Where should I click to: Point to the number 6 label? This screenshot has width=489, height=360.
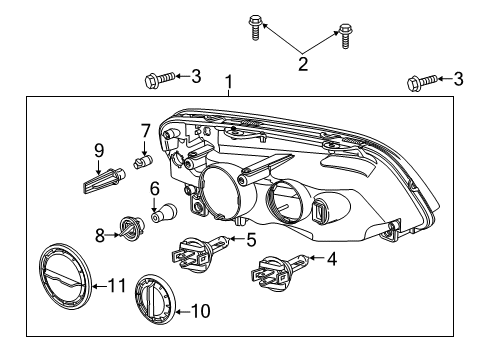tap(155, 188)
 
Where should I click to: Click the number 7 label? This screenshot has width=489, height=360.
tap(145, 130)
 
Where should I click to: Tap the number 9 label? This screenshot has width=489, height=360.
tap(99, 150)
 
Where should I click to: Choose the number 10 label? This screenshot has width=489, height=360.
tap(200, 311)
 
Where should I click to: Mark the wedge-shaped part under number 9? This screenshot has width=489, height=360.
tap(98, 180)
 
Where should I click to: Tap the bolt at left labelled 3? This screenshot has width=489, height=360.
tap(159, 76)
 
